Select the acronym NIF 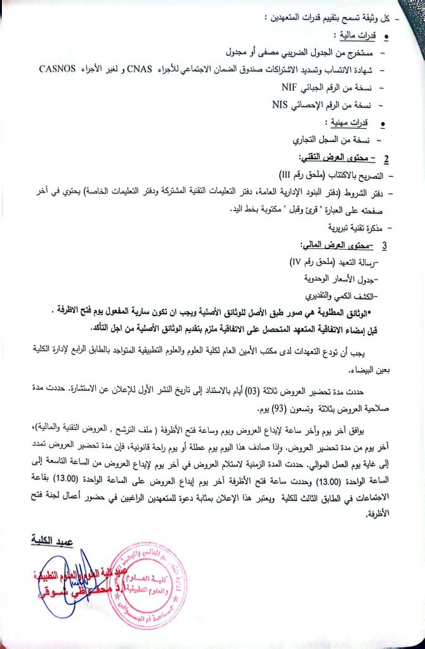[x=291, y=87]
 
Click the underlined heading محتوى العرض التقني [x=335, y=157]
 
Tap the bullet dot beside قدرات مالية [x=387, y=37]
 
